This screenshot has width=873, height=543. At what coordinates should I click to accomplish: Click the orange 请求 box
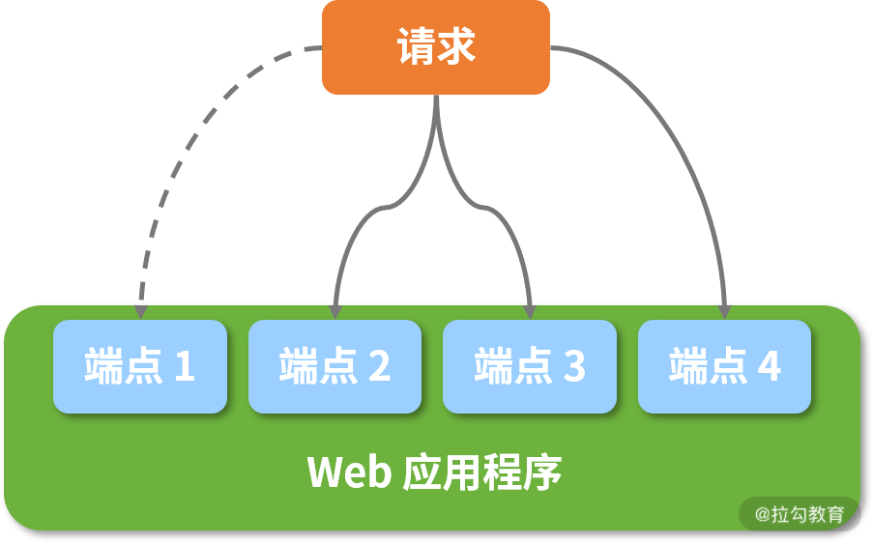(435, 47)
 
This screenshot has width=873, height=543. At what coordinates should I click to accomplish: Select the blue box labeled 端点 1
(140, 367)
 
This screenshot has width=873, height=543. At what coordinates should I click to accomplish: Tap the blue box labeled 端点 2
(335, 367)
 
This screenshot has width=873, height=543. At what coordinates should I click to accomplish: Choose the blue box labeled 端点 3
(530, 367)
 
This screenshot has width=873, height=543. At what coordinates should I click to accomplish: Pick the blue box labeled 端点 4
(724, 367)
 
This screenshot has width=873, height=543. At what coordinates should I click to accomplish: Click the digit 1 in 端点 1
(184, 367)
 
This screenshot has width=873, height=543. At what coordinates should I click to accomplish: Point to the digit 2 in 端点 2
(379, 367)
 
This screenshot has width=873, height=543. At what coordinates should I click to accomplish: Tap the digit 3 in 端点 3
(574, 367)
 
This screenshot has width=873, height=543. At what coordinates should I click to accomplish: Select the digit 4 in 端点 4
(769, 367)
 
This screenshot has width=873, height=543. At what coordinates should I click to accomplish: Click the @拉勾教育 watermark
(800, 514)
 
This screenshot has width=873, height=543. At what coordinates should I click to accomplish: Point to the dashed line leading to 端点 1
(184, 145)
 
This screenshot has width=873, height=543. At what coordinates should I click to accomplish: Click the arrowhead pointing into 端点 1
(140, 311)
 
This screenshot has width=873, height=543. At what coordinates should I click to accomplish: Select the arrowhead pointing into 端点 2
(335, 311)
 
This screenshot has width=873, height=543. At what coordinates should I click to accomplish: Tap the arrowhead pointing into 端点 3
(530, 311)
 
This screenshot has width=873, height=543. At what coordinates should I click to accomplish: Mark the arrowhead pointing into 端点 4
(725, 311)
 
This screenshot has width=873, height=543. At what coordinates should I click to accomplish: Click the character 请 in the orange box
(415, 47)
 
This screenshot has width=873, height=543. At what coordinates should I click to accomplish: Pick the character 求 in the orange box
(456, 47)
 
